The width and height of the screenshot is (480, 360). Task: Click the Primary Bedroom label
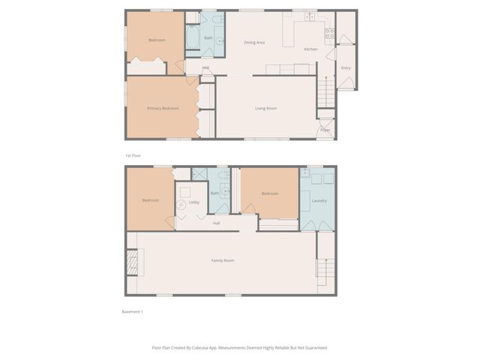pyautogui.click(x=163, y=109)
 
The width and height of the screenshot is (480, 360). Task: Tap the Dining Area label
pyautogui.click(x=254, y=42)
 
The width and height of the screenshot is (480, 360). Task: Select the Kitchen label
pyautogui.click(x=310, y=49)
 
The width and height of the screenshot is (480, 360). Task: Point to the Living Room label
pyautogui.click(x=265, y=109)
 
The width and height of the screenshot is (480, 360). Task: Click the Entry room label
pyautogui.click(x=346, y=68)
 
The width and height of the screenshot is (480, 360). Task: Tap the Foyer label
pyautogui.click(x=325, y=130)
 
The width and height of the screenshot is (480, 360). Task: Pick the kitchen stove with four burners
pyautogui.click(x=328, y=32)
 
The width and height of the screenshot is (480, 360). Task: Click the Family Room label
pyautogui.click(x=223, y=260)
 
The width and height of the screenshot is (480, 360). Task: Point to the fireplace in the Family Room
pyautogui.click(x=132, y=262)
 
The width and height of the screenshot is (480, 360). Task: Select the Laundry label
pyautogui.click(x=319, y=201)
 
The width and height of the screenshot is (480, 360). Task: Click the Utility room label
pyautogui.click(x=193, y=202)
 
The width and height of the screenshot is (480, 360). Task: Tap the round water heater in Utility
pyautogui.click(x=181, y=205)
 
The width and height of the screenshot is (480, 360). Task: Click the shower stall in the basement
pyautogui.click(x=199, y=174)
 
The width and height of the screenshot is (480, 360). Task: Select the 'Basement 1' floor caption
pyautogui.click(x=132, y=311)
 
